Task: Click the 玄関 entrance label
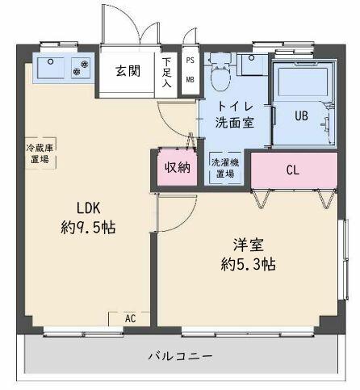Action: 128,71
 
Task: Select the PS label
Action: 190,60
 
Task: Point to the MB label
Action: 190,79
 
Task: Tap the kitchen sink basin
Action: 51,68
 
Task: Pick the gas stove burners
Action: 81,68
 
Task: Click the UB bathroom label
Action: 302,115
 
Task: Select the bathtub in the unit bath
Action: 303,82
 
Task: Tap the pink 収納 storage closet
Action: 178,167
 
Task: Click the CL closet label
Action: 293,170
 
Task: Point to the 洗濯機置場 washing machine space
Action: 225,168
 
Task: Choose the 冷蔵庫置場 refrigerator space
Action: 40,153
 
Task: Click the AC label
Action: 131,319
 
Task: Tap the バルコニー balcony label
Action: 180,356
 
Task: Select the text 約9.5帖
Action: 88,228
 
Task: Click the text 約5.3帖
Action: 248,264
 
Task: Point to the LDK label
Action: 89,208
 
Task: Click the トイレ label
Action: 235,107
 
